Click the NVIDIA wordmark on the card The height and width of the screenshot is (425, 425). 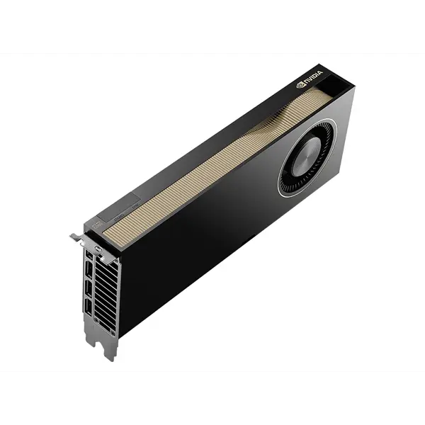click(x=313, y=77)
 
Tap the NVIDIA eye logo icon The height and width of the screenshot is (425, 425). click(x=300, y=84)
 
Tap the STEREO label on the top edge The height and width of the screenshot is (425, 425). click(x=119, y=217)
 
